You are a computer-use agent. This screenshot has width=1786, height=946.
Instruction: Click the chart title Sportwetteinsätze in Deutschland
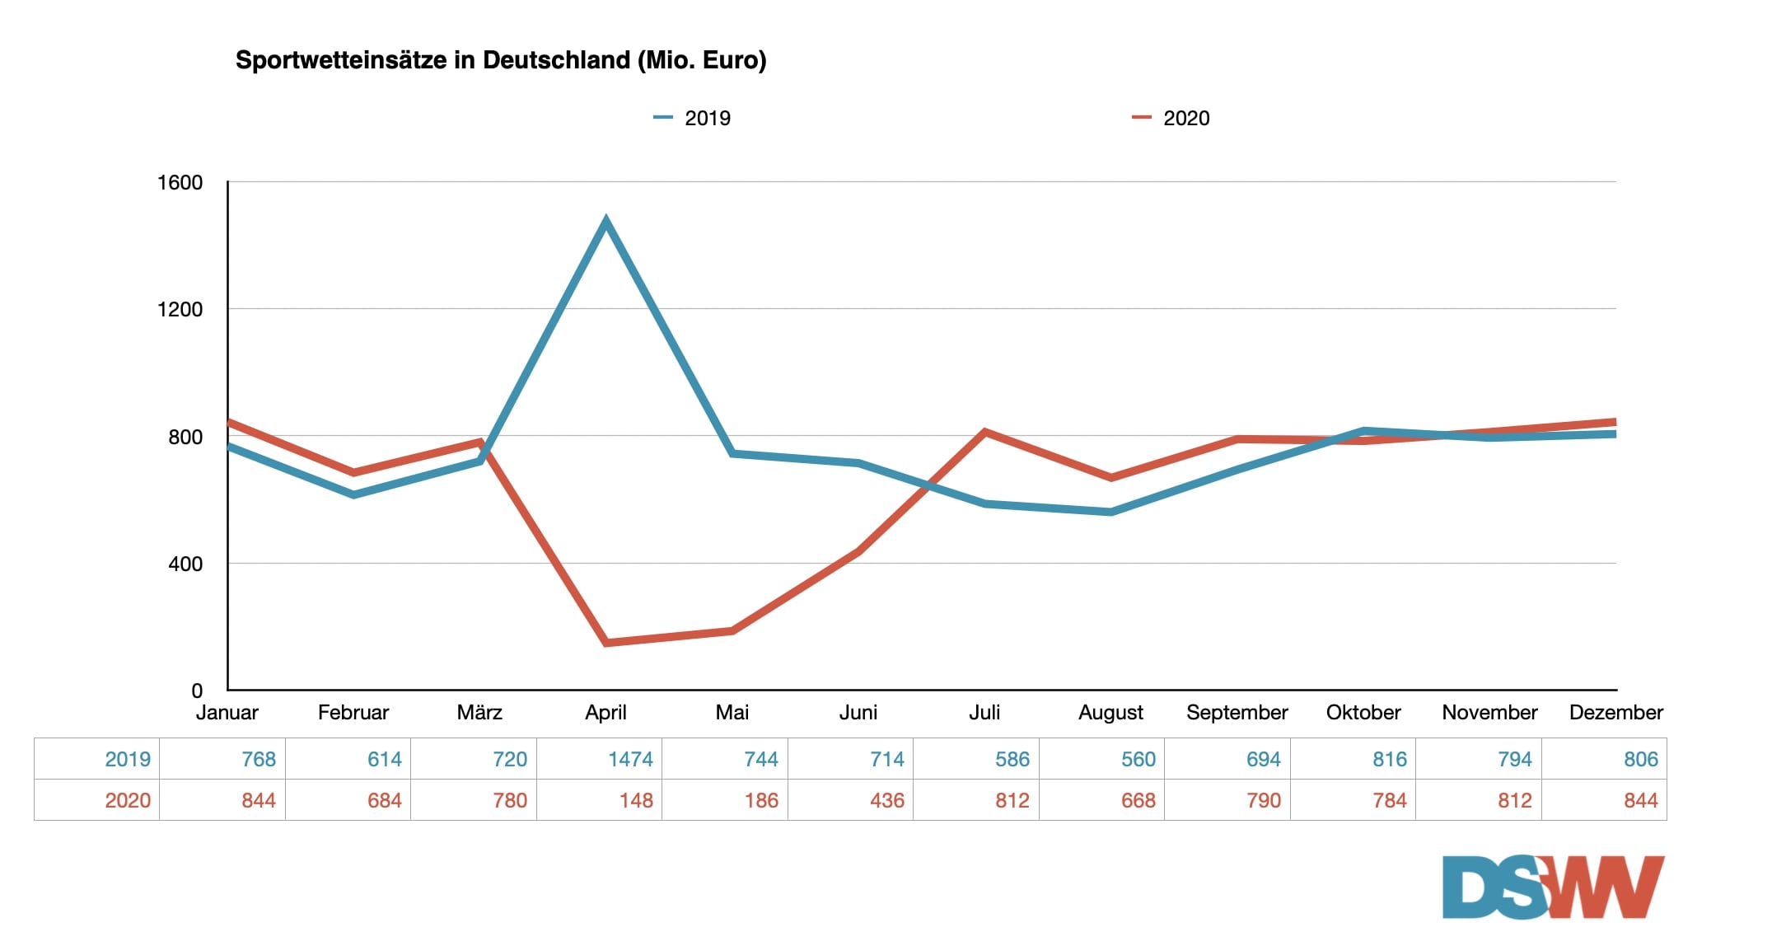click(x=501, y=60)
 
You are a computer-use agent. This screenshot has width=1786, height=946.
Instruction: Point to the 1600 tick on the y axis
click(x=180, y=182)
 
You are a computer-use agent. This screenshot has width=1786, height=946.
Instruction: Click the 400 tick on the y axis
click(x=185, y=564)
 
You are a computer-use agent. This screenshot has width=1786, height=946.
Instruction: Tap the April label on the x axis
click(x=605, y=712)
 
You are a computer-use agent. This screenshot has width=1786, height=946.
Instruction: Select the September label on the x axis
click(x=1237, y=712)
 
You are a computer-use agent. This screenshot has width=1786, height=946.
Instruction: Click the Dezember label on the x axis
click(x=1615, y=712)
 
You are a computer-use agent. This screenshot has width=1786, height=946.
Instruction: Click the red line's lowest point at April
click(x=606, y=643)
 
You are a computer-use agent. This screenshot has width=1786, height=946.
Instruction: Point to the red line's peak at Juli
click(x=985, y=432)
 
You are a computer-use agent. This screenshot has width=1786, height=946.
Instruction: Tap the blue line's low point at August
click(x=1111, y=513)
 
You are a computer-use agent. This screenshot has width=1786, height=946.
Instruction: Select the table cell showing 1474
click(x=630, y=759)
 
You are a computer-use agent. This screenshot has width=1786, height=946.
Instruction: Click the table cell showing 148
click(x=636, y=800)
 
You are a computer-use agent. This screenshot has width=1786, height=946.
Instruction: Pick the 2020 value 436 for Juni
click(x=887, y=800)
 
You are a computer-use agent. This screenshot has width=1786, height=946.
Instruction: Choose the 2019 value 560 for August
click(x=1138, y=759)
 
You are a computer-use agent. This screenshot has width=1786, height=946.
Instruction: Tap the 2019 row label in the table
click(x=128, y=759)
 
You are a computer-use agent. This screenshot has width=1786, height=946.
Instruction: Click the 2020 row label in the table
click(x=128, y=800)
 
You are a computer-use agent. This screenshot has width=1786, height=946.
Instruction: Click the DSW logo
click(x=1553, y=887)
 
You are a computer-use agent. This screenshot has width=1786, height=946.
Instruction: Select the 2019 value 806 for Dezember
click(x=1640, y=759)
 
